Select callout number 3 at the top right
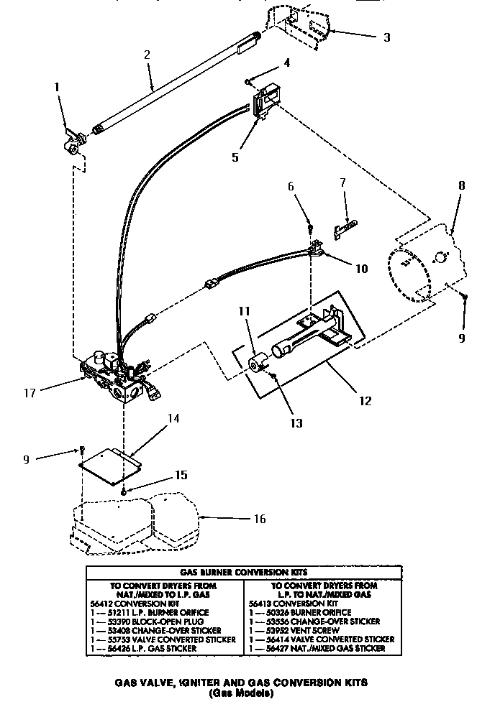pyautogui.click(x=386, y=37)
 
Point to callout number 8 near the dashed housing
pyautogui.click(x=461, y=185)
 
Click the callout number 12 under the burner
pyautogui.click(x=365, y=400)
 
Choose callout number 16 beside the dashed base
pyautogui.click(x=240, y=518)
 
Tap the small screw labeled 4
pyautogui.click(x=249, y=82)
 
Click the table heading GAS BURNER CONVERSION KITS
pyautogui.click(x=244, y=571)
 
